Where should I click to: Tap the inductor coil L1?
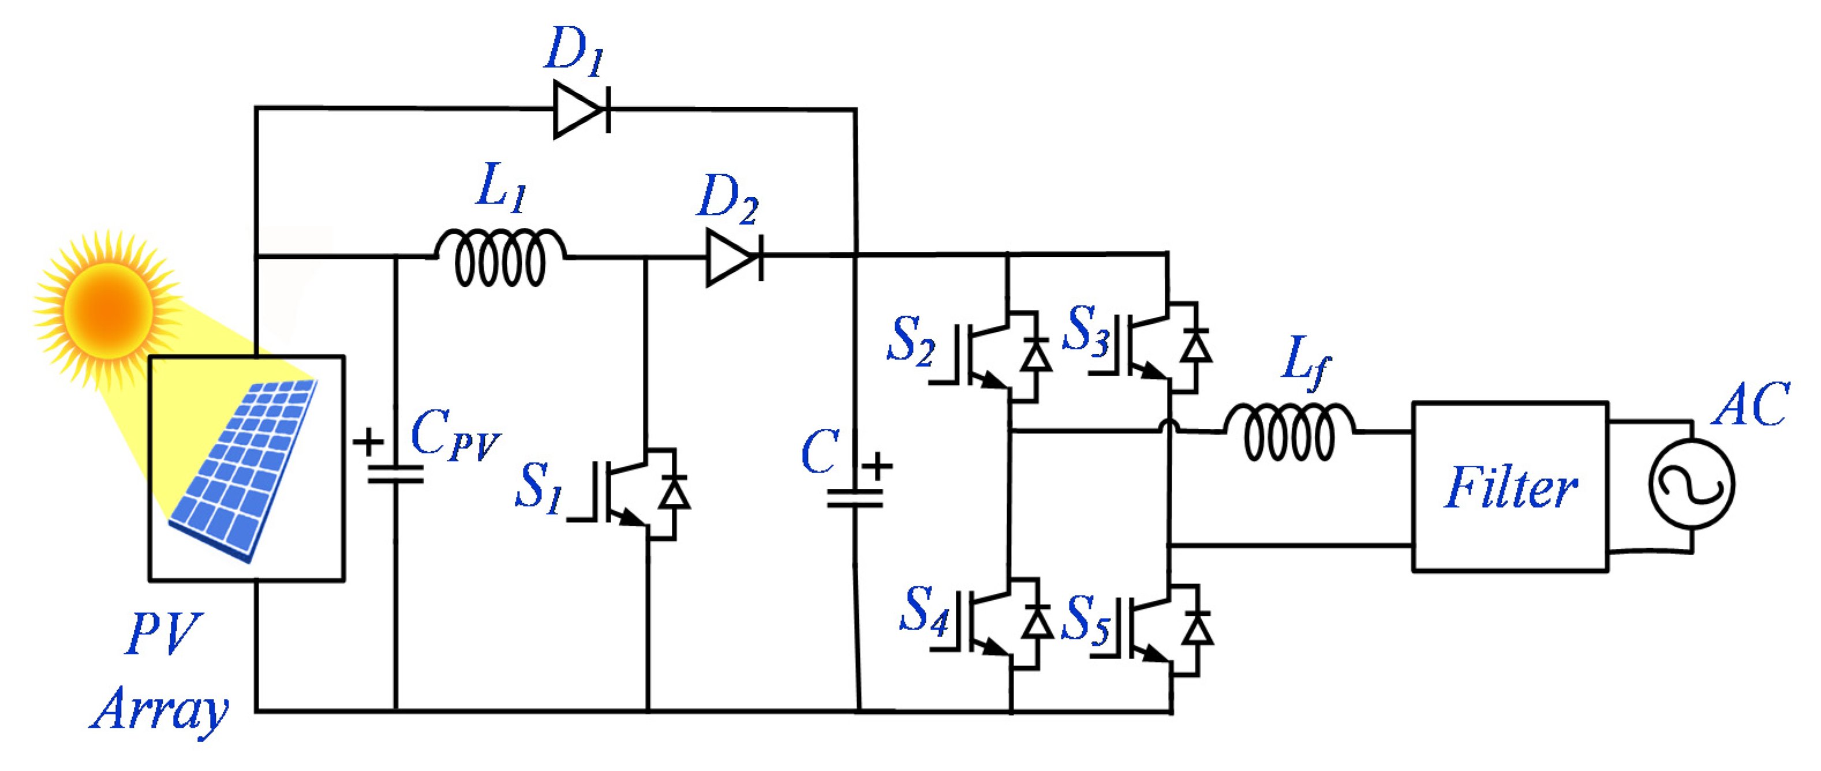pyautogui.click(x=500, y=259)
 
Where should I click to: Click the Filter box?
pyautogui.click(x=1510, y=487)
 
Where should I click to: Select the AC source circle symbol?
pyautogui.click(x=1691, y=485)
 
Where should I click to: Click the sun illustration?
pyautogui.click(x=107, y=309)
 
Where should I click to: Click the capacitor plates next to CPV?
pyautogui.click(x=396, y=473)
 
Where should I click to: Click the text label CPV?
pyautogui.click(x=455, y=436)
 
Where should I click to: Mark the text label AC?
pyautogui.click(x=1749, y=406)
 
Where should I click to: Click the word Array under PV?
pyautogui.click(x=160, y=710)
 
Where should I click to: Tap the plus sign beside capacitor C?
pyautogui.click(x=877, y=466)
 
